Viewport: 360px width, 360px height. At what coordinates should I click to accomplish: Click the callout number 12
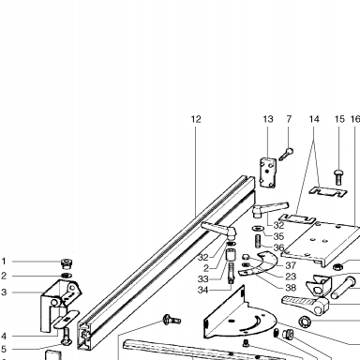pyautogui.click(x=196, y=119)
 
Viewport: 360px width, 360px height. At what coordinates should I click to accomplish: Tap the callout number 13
pyautogui.click(x=268, y=119)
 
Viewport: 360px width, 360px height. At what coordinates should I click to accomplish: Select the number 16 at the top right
pyautogui.click(x=355, y=119)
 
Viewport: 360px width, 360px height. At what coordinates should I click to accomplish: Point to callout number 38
pyautogui.click(x=291, y=288)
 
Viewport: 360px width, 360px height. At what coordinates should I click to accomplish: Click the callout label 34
pyautogui.click(x=202, y=290)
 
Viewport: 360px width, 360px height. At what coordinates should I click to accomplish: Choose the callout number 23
pyautogui.click(x=291, y=277)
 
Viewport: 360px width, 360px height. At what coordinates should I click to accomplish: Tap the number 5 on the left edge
pyautogui.click(x=4, y=349)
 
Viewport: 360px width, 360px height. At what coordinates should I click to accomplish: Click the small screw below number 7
pyautogui.click(x=286, y=154)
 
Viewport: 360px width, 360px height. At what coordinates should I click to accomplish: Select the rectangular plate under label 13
pyautogui.click(x=268, y=172)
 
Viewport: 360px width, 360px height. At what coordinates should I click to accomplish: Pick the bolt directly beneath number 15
pyautogui.click(x=338, y=176)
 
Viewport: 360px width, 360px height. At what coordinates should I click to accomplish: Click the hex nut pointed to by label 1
pyautogui.click(x=67, y=262)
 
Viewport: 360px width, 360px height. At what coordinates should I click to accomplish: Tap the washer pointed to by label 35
pyautogui.click(x=258, y=229)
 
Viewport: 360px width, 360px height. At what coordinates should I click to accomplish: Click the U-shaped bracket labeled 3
pyautogui.click(x=59, y=305)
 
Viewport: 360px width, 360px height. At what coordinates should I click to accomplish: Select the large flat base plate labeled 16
pyautogui.click(x=322, y=244)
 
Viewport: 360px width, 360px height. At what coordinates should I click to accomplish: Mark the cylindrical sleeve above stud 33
pyautogui.click(x=231, y=255)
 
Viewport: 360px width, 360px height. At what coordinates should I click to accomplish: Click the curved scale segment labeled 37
pyautogui.click(x=269, y=262)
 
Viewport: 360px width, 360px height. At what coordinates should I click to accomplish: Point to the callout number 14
pyautogui.click(x=314, y=119)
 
